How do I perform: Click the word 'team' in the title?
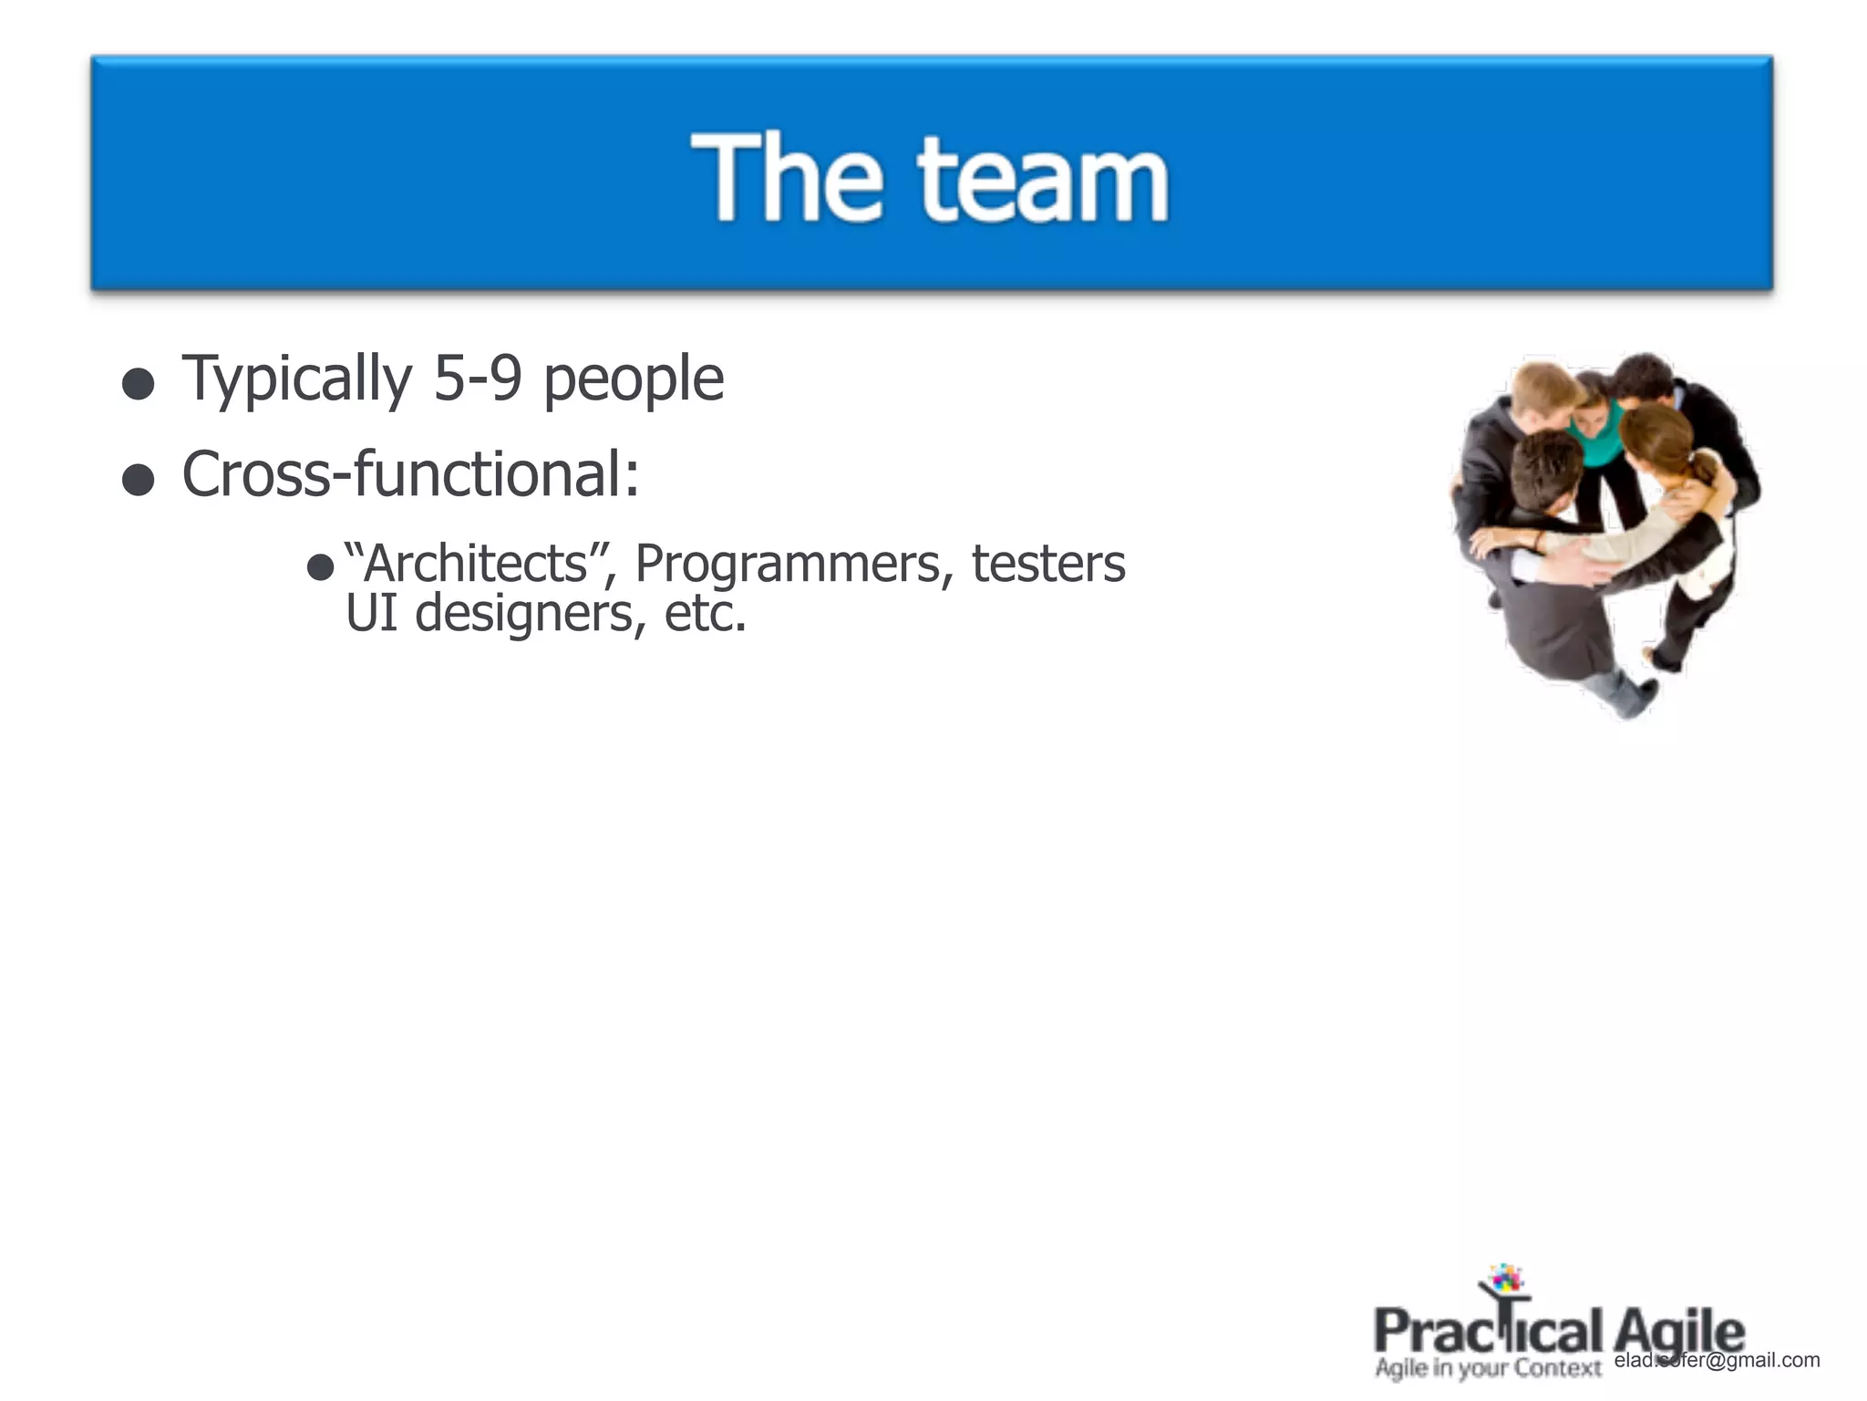[1043, 178]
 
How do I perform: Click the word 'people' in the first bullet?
[634, 380]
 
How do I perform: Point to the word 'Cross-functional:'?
[410, 474]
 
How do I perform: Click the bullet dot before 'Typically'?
[138, 384]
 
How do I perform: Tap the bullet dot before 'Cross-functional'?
[138, 480]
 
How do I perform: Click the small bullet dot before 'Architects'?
[320, 568]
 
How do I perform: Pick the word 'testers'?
[1048, 564]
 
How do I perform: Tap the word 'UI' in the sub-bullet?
[372, 613]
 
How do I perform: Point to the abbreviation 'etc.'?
[705, 614]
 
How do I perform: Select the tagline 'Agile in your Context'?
[1488, 1368]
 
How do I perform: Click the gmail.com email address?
[1717, 1360]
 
